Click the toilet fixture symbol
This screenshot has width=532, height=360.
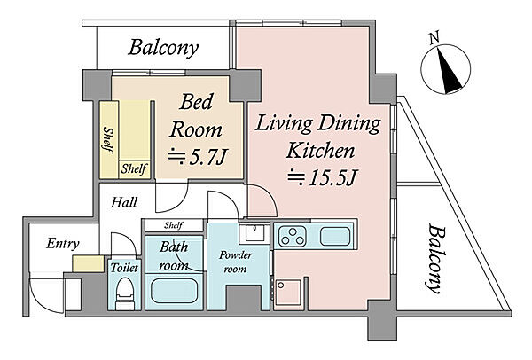(x=124, y=293)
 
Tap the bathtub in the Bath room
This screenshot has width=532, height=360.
(x=174, y=291)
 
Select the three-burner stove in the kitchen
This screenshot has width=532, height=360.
(x=293, y=236)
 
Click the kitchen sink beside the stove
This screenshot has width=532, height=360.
(x=335, y=236)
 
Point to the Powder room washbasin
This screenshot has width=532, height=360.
(x=254, y=233)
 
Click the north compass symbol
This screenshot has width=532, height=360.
(x=445, y=69)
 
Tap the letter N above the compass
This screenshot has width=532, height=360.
(x=434, y=37)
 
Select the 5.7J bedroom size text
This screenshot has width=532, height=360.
(x=197, y=157)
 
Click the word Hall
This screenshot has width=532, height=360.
(x=124, y=202)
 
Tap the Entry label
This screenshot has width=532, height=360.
(x=63, y=243)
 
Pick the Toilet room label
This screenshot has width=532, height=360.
(x=124, y=268)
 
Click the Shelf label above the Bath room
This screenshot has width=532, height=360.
(x=174, y=225)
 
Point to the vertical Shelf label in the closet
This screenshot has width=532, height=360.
(x=108, y=140)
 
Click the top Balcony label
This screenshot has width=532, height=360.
(x=163, y=48)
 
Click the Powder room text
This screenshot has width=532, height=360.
(x=235, y=262)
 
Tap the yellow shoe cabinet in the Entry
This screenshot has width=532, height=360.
(x=88, y=263)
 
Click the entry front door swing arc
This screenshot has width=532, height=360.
(x=45, y=298)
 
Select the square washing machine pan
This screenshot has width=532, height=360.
(x=288, y=293)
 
